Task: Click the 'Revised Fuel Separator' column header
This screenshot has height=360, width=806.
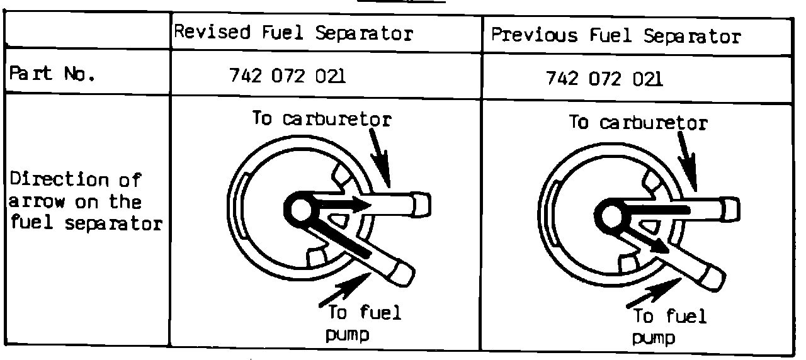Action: (x=293, y=33)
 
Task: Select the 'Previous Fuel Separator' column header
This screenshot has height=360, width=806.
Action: (x=615, y=36)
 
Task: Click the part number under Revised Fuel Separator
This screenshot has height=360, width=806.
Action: (x=287, y=77)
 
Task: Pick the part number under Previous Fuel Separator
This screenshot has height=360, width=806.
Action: (x=604, y=79)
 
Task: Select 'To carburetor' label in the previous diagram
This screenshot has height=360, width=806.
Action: (x=638, y=122)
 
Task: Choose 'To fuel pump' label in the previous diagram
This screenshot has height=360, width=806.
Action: (x=669, y=326)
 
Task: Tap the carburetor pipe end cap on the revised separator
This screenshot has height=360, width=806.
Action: (x=423, y=203)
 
